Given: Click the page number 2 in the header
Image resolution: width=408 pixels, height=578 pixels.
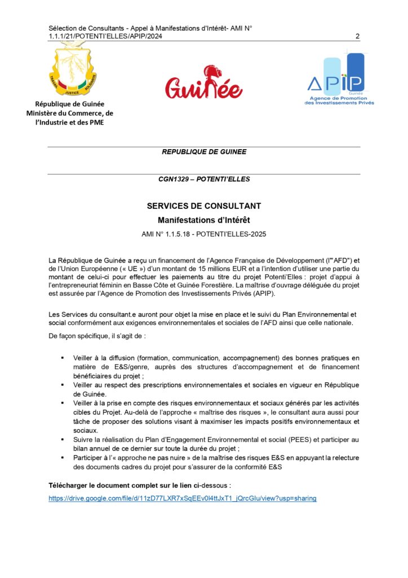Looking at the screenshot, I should point(357,37).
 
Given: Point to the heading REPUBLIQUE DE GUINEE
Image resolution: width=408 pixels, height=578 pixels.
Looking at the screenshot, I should point(203,152).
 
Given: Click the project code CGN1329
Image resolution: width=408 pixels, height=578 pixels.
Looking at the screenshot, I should point(176,179).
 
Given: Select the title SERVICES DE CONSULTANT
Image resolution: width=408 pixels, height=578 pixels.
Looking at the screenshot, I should point(203,206).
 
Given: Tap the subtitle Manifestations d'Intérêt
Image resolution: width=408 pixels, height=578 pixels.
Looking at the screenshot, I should point(203,220).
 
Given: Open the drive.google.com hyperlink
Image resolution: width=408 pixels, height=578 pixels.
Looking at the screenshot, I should point(182,498).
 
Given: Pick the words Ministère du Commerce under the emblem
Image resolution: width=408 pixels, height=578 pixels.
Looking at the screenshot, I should point(70,113).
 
